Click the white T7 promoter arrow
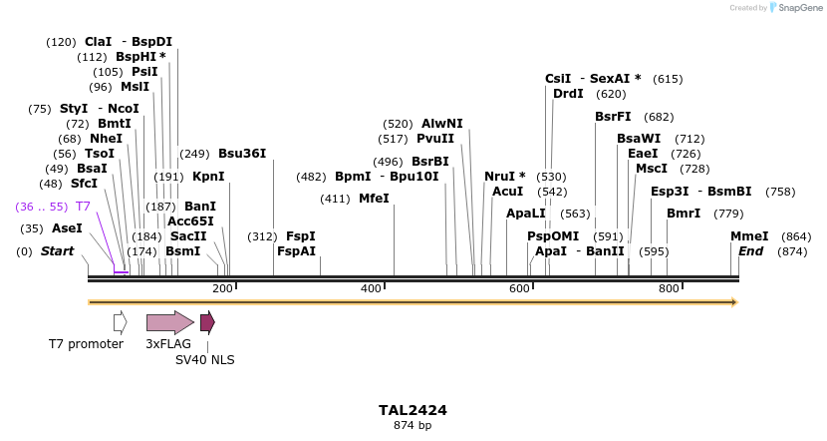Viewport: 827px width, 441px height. coord(120,322)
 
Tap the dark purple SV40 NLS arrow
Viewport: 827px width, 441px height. coord(207,322)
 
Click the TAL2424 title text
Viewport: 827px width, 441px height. coord(413,410)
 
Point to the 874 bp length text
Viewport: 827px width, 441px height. coord(413,426)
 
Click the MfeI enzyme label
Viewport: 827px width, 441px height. coord(374,199)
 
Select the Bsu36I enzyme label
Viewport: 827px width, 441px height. coord(242,154)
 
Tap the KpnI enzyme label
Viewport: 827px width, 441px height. coord(208,177)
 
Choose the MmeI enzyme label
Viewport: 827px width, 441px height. coord(749,236)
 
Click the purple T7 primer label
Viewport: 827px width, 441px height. coord(84,207)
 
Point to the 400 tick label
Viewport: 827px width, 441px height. coord(371,288)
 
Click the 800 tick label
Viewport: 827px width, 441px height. coord(669,288)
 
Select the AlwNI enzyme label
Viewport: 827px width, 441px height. coord(442,124)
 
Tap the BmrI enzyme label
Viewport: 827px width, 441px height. coord(684,214)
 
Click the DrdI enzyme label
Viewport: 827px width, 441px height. coord(569,94)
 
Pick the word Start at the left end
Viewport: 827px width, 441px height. coord(57,251)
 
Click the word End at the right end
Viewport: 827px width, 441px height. coord(750,251)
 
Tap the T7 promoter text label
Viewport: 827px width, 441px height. coord(86,344)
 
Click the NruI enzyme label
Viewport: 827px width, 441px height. coord(501,177)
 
